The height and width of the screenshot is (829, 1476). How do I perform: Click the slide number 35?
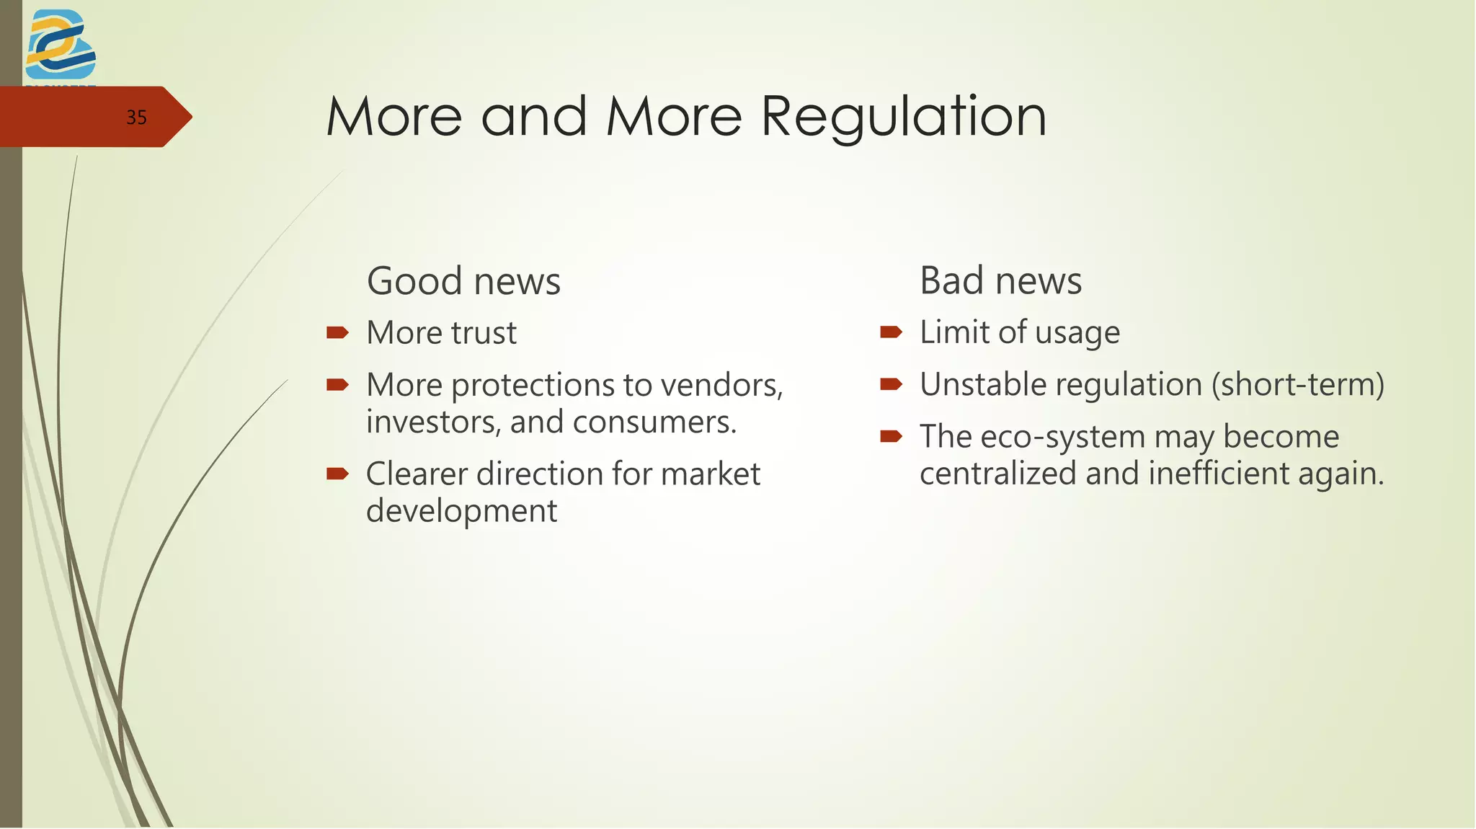136,118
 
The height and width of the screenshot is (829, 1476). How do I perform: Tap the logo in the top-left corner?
60,45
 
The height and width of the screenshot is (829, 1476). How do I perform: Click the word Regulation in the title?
903,117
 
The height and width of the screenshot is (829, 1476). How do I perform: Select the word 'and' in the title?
534,117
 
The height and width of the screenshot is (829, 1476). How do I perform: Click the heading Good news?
463,281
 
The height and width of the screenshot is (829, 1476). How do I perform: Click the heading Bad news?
1000,280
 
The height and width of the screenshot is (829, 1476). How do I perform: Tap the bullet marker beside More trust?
337,332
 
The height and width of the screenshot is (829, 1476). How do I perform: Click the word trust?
484,333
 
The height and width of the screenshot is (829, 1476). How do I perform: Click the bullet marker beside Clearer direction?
337,474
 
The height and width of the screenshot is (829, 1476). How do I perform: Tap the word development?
461,512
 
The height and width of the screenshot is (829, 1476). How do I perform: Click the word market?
710,474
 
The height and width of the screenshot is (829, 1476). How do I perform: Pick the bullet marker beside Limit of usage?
891,332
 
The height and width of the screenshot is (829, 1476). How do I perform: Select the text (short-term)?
1297,385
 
